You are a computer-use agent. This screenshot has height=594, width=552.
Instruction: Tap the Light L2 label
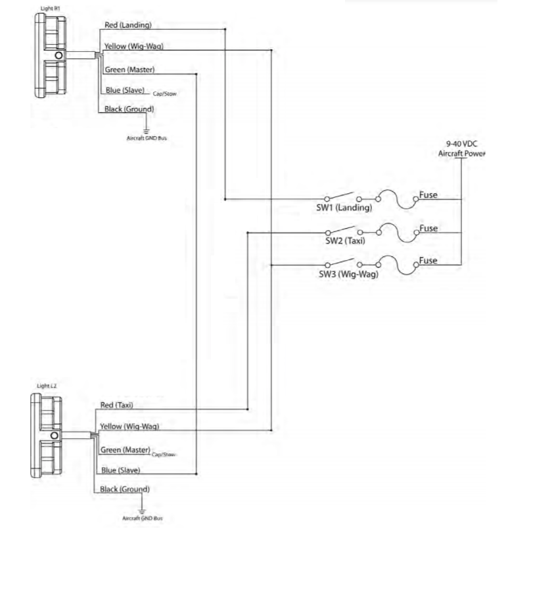coord(47,386)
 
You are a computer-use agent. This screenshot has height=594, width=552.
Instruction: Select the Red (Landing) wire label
coord(128,25)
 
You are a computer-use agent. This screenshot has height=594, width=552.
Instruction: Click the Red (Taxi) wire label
coord(116,405)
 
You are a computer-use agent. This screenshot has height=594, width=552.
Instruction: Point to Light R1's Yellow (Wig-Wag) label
coord(133,47)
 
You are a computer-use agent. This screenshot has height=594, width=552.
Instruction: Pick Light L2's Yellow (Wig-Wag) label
coord(129,426)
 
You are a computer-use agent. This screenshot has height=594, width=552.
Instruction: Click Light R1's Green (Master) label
coord(129,69)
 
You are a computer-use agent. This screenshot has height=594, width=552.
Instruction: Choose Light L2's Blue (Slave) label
coord(120,470)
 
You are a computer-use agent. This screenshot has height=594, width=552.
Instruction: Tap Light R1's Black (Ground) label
coord(129,108)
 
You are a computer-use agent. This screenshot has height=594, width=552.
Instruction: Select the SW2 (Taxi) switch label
coord(346,240)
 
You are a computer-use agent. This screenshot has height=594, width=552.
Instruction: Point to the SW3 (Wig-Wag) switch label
coord(349,274)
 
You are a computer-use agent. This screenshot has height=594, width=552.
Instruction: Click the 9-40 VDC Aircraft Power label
coord(461,148)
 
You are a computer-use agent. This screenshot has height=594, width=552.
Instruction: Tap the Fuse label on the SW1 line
coord(428,195)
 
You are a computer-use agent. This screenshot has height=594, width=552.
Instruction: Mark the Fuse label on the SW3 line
coord(428,260)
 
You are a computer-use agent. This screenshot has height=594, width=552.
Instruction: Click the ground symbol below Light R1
coord(147,131)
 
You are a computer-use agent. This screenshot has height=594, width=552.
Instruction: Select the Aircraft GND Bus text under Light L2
coord(143,518)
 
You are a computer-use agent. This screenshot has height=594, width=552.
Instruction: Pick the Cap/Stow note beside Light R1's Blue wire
coord(164,94)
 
